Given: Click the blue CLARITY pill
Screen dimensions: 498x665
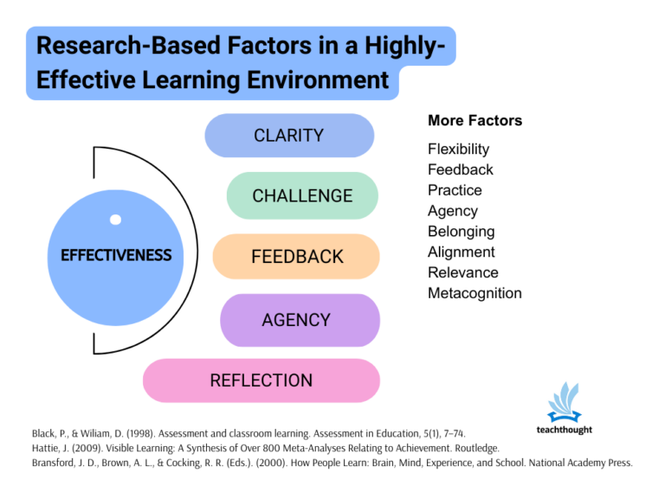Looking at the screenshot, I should (289, 136).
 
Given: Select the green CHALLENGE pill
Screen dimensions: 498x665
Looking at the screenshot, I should (302, 195).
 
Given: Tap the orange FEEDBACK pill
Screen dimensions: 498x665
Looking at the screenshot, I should (296, 257).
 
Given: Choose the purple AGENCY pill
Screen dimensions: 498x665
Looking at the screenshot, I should (296, 320).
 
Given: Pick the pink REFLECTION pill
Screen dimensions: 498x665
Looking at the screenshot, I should (261, 380).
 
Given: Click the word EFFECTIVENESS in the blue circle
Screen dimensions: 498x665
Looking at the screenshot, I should (116, 256).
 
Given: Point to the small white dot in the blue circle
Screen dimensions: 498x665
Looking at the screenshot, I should (115, 220).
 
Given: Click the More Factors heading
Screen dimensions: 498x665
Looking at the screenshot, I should (475, 121).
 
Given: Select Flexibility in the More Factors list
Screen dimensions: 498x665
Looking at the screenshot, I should (458, 149).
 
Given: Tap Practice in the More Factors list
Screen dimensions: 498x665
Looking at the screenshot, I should (455, 190).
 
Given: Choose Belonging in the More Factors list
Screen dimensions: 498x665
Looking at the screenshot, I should (461, 232).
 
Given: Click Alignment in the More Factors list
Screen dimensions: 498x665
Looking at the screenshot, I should (461, 252).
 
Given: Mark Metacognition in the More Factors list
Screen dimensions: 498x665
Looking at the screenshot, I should (475, 293).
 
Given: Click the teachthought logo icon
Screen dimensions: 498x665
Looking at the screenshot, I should (565, 401).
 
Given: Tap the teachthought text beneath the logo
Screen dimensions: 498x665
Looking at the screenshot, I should (565, 430).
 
